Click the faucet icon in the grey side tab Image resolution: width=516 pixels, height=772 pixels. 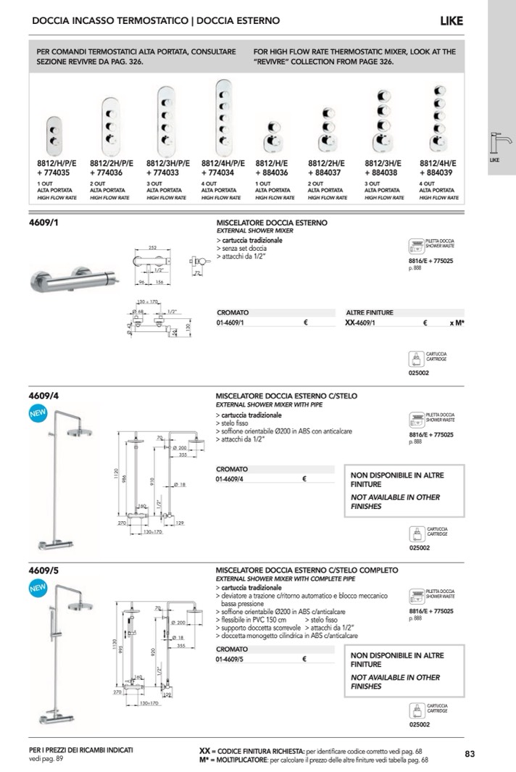(x=500, y=141)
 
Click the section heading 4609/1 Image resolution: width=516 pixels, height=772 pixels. (x=43, y=223)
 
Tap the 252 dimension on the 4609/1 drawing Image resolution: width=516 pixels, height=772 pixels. (x=152, y=248)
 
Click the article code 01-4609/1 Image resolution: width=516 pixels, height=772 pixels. (x=231, y=323)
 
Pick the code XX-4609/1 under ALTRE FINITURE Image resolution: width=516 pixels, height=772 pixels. (x=362, y=323)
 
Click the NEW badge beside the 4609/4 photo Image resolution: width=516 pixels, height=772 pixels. (x=37, y=414)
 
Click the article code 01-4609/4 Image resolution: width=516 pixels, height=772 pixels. (x=231, y=478)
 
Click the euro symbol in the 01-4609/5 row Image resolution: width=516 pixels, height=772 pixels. (x=304, y=660)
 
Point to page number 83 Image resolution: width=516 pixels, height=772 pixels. (x=469, y=754)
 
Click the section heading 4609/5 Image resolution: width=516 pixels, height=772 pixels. (x=43, y=570)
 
